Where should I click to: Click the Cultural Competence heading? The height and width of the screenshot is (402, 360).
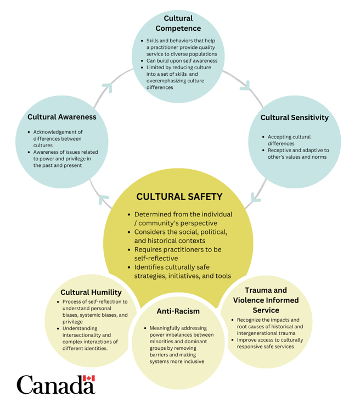(178, 23)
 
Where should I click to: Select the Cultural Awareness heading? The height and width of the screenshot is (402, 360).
(61, 117)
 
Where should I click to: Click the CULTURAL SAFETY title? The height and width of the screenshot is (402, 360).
(179, 197)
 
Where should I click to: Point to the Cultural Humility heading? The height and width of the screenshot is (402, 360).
(94, 292)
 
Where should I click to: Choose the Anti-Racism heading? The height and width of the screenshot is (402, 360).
(178, 311)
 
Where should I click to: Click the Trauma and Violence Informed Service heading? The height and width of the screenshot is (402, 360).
(266, 300)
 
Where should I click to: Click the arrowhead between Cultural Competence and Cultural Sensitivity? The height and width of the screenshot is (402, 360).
(245, 86)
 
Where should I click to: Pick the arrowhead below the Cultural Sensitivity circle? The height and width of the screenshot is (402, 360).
(254, 197)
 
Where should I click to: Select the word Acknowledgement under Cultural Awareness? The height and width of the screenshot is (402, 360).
(58, 132)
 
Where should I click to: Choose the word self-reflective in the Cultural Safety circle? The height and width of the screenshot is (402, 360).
(156, 258)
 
